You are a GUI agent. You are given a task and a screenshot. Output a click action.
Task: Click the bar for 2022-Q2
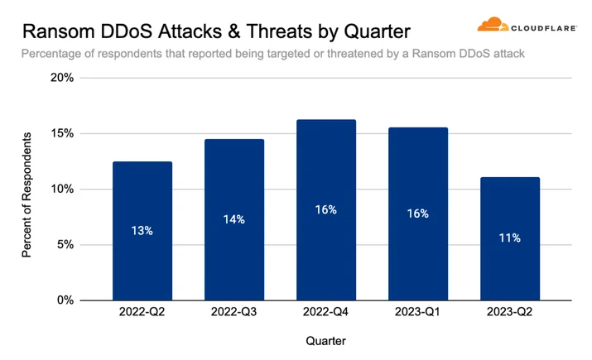[x=142, y=231]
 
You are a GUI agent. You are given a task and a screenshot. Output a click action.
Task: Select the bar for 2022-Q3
[x=234, y=219]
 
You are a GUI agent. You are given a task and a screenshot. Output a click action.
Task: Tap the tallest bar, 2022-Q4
[x=326, y=210]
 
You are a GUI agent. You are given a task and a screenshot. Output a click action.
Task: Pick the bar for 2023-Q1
[x=418, y=214]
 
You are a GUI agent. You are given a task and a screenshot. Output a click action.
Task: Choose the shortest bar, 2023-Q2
[x=510, y=238]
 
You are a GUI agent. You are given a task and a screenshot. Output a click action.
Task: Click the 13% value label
[x=142, y=231]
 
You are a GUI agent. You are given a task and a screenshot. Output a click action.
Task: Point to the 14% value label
[x=234, y=219]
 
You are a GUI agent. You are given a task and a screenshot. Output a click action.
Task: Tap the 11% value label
[x=510, y=238]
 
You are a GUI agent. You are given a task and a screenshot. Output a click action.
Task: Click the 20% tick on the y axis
[x=62, y=78]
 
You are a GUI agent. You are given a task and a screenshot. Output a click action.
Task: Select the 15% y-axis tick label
[x=63, y=133]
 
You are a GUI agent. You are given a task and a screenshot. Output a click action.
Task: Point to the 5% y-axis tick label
[x=65, y=244]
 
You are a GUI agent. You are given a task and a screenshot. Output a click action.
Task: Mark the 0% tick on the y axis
[x=65, y=300]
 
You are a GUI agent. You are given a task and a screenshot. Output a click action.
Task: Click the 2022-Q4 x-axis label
[x=325, y=312]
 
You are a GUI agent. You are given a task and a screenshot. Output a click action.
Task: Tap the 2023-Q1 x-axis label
[x=417, y=312]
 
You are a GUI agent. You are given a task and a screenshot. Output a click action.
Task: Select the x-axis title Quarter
[x=326, y=341]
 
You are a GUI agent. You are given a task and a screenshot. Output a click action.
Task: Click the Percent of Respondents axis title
[x=26, y=195]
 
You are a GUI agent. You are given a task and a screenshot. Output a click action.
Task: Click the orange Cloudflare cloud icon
[x=493, y=24]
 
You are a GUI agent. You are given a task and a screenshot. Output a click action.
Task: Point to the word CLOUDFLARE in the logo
[x=544, y=28]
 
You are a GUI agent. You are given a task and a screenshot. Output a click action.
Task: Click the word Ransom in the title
[x=59, y=31]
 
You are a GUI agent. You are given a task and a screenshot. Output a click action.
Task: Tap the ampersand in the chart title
[x=234, y=31]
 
